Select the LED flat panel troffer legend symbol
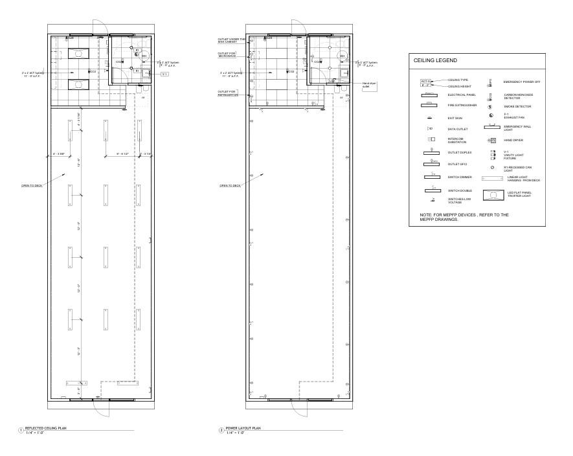497,194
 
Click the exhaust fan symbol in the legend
491,115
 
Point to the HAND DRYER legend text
514,140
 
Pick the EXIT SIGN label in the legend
455,118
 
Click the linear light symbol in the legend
497,178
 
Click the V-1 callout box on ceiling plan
164,74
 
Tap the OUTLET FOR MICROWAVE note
227,54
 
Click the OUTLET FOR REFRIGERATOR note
227,93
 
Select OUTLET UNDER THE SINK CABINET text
231,40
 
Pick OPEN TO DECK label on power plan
230,185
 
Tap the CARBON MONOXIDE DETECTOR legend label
519,96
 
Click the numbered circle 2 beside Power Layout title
221,430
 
